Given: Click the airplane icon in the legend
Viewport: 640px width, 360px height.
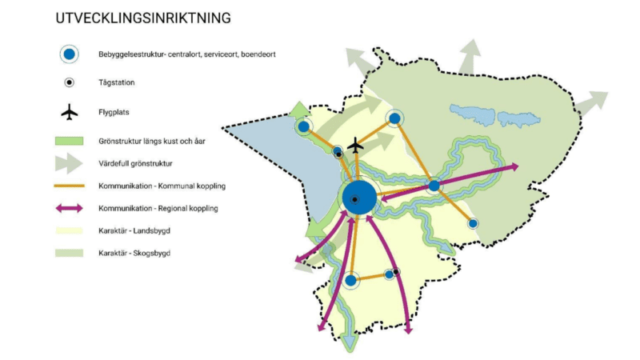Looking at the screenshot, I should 70,112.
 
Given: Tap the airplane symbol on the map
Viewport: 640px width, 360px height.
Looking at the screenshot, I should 356,148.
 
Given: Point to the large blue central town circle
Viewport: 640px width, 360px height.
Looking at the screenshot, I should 357,198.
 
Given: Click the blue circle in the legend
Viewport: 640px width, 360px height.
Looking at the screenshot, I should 70,54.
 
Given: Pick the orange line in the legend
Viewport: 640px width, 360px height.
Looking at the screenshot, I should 70,186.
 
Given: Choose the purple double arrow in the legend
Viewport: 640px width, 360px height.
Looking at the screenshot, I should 70,208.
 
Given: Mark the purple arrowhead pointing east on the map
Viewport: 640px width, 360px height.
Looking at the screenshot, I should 514,167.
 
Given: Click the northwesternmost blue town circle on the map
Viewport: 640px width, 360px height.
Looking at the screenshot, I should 303,126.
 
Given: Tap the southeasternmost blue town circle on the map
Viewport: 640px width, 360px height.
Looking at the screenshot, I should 473,223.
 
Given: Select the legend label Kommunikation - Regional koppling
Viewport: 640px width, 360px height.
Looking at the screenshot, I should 158,208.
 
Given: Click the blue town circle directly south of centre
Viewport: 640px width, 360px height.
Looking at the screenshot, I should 350,280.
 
